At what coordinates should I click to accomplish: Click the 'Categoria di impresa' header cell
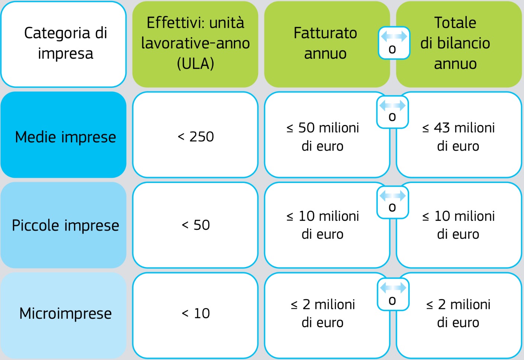pos(63,44)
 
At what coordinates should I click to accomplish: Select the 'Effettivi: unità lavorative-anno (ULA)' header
pos(195,44)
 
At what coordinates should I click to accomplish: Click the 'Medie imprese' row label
pos(63,135)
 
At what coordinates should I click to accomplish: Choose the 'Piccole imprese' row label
pos(63,225)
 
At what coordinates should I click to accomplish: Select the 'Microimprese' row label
pos(63,315)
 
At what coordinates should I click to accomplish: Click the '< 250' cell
pos(195,135)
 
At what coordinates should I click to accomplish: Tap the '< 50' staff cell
pos(195,225)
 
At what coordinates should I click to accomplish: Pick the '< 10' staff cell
pos(195,315)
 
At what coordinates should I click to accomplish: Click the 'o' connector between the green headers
pos(394,43)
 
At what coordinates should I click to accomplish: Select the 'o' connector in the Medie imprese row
pos(392,112)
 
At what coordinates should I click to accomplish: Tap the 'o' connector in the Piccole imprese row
pos(392,202)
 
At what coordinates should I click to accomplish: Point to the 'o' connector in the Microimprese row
pos(393,294)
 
